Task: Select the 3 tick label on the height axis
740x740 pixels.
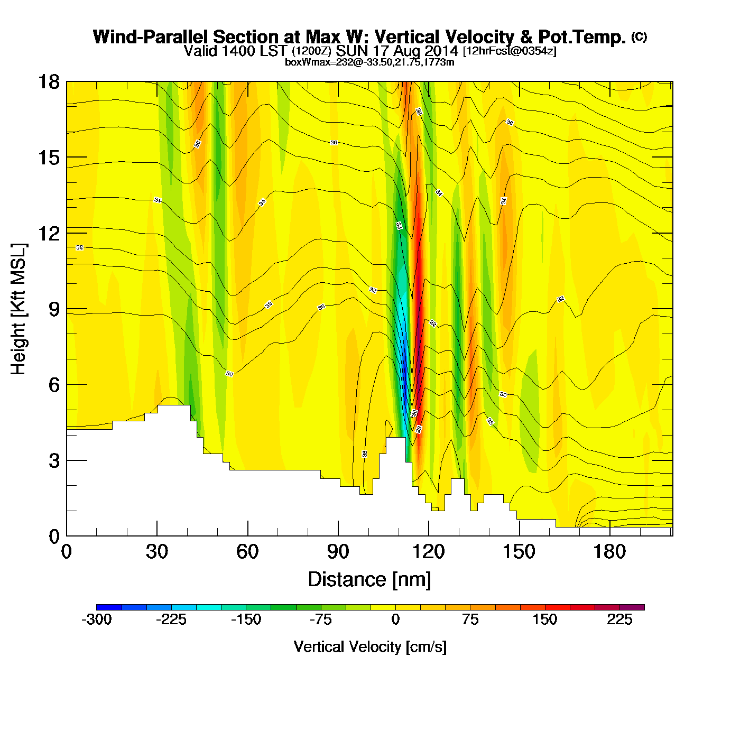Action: coord(54,461)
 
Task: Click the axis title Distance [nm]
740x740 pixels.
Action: coord(369,580)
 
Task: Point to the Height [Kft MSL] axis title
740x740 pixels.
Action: coord(18,309)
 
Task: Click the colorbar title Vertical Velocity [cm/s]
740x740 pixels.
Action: coord(370,646)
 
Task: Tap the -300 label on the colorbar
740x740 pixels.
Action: coord(97,620)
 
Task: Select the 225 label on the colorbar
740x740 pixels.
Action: coord(619,620)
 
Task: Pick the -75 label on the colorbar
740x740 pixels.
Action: coord(321,620)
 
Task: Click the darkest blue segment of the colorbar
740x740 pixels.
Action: coord(109,607)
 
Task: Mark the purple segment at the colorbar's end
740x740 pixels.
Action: coord(632,607)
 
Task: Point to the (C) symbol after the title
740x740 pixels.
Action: coord(639,36)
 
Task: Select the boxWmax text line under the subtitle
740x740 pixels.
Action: coord(369,62)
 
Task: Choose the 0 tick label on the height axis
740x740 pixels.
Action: coord(54,536)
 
